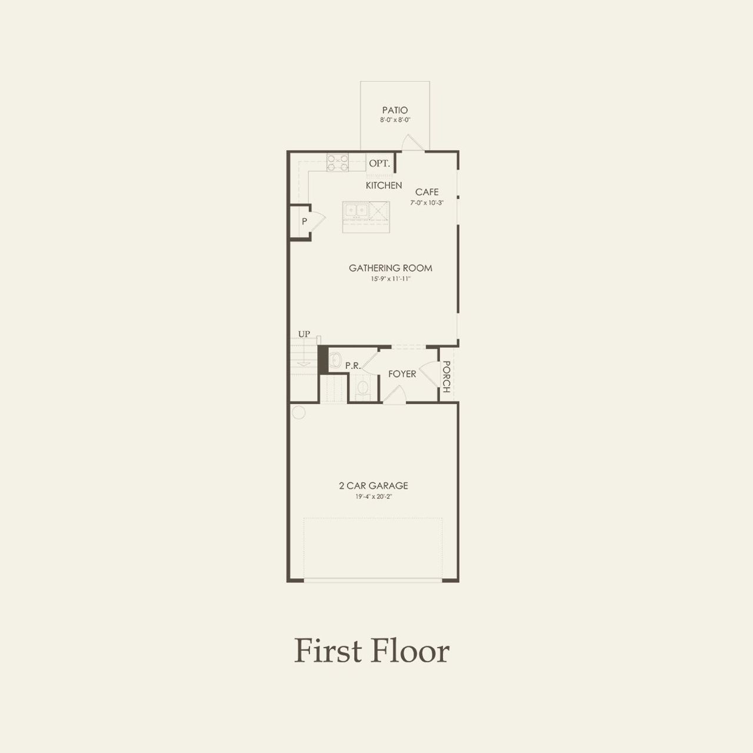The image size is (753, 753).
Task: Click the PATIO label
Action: pos(395,110)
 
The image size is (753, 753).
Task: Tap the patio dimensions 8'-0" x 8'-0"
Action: pos(395,120)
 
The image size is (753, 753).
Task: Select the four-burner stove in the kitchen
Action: pos(338,162)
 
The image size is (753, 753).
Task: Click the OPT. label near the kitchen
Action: pos(379,164)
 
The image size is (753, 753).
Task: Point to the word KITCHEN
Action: pos(384,185)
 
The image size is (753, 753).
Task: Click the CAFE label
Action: pos(427,192)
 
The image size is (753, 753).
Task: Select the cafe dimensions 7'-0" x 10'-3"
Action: pos(427,202)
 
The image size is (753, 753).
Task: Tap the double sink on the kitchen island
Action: pos(356,210)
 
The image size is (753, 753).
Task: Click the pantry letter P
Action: pos(304,222)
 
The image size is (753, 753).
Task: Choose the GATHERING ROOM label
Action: pos(391,268)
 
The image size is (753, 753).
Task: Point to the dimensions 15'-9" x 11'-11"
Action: pos(391,279)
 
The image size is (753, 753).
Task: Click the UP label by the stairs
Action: pos(304,334)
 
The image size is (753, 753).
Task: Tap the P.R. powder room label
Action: pos(352,366)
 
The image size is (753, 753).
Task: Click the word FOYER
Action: pos(402,374)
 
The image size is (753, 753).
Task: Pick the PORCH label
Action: pos(447,377)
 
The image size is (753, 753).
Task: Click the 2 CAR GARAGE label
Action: pos(373,486)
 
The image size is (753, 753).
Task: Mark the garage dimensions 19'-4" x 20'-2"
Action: pos(373,497)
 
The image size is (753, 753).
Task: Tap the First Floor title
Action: pos(372,651)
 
